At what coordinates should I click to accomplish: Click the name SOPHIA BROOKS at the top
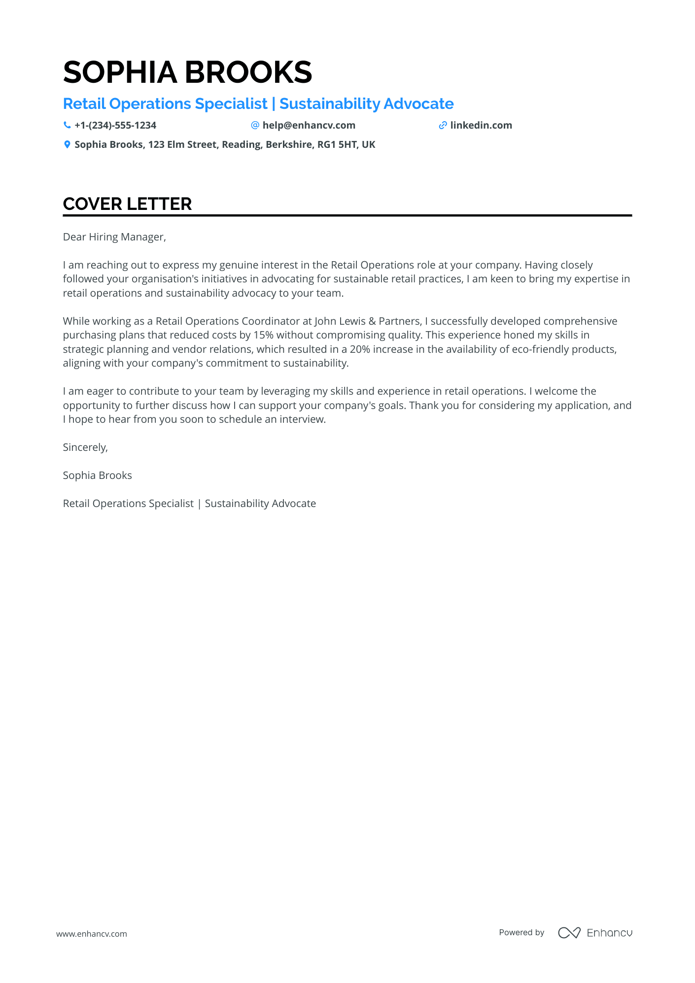click(x=187, y=72)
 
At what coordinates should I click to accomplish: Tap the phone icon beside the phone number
click(x=67, y=125)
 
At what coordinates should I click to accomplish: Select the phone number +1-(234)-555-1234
click(x=115, y=125)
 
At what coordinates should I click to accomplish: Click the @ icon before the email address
click(x=255, y=125)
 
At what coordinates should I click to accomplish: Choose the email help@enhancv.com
click(x=309, y=125)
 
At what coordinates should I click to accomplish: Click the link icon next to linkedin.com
click(x=443, y=125)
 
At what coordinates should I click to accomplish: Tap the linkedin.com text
click(x=481, y=125)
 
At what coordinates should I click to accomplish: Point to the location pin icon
click(x=67, y=144)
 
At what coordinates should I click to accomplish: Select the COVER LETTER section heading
click(x=127, y=204)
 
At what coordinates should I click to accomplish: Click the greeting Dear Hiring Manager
click(x=114, y=237)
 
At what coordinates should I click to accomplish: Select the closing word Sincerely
click(x=85, y=447)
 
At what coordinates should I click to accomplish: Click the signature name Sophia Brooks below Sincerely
click(x=98, y=475)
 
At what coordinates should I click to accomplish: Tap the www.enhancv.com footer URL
click(x=92, y=934)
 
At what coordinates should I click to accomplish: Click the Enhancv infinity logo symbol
click(x=569, y=933)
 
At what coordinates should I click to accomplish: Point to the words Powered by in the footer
click(x=521, y=932)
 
